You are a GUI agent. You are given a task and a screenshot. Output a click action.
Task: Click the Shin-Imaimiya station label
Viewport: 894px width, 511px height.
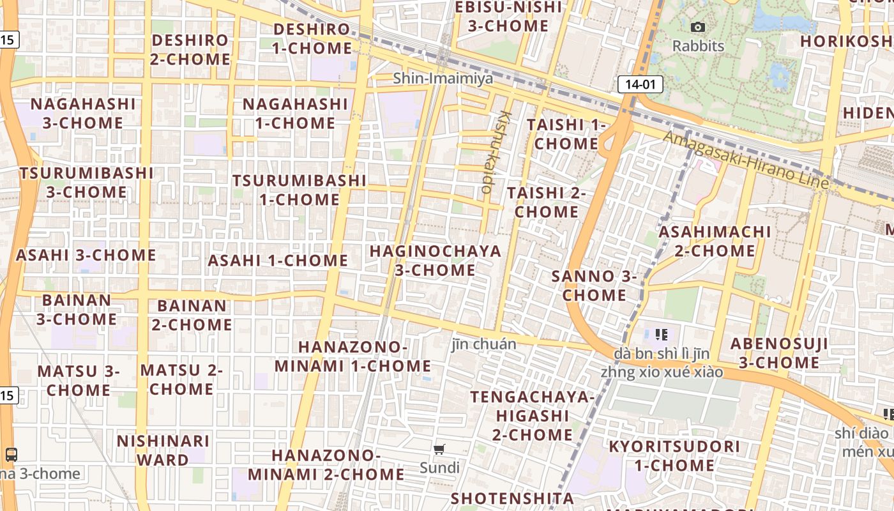(x=443, y=79)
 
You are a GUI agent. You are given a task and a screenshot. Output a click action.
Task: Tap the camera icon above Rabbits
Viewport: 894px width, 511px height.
(x=698, y=27)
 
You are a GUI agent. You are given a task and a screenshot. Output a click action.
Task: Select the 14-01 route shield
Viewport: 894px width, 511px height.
(x=640, y=84)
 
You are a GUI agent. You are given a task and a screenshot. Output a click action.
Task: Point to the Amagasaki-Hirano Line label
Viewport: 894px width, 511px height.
(x=745, y=160)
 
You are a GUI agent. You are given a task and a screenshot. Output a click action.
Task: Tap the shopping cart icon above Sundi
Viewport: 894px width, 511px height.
(x=439, y=450)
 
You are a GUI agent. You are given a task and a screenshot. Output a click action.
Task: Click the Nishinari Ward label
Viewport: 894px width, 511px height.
(x=163, y=450)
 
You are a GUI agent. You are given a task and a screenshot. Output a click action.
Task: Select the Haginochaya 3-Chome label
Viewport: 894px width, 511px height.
(x=436, y=261)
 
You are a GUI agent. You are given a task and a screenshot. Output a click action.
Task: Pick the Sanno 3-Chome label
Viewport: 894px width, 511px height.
(x=594, y=286)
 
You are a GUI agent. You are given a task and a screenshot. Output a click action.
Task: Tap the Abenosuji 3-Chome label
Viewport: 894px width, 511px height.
(x=779, y=353)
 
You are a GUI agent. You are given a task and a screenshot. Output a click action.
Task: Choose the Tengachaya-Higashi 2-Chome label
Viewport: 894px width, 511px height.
(x=532, y=416)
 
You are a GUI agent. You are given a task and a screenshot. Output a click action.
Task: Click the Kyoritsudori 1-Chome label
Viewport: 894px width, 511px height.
(x=674, y=455)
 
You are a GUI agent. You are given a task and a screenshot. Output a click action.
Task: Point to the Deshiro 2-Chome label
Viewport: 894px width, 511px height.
(x=190, y=49)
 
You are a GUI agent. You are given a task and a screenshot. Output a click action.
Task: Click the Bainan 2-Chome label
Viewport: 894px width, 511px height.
(x=192, y=315)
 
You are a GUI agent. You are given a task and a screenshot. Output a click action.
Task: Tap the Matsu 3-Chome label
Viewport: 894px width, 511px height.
(x=79, y=380)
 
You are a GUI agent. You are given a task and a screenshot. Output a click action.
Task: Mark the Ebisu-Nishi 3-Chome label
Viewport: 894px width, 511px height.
(x=508, y=17)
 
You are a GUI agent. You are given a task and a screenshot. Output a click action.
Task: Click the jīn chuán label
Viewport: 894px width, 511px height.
(x=483, y=344)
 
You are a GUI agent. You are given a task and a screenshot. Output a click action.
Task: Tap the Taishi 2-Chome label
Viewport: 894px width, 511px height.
(x=547, y=202)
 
